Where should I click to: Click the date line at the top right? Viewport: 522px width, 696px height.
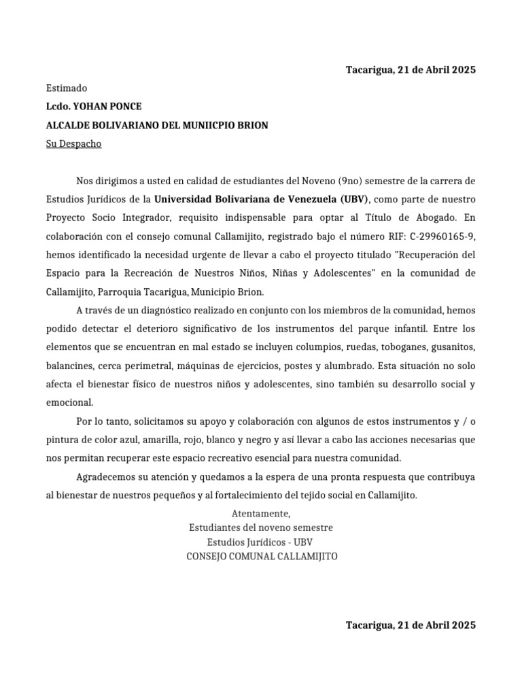tap(411, 69)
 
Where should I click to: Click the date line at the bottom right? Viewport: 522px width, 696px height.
tap(411, 625)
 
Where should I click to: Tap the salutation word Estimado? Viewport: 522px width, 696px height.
tap(67, 88)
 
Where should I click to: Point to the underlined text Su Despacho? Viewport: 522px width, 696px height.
tap(73, 144)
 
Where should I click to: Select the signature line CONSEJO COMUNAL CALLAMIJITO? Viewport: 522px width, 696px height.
tap(261, 556)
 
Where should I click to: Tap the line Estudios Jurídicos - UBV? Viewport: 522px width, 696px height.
tap(261, 542)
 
